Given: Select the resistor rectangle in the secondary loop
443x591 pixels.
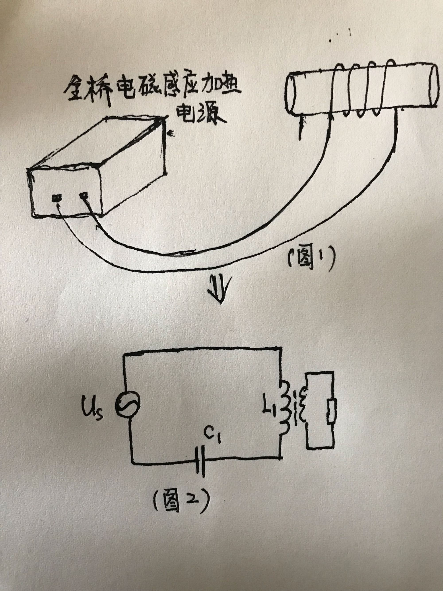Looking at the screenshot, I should pos(331,411).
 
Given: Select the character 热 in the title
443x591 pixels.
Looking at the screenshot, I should pos(228,88).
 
